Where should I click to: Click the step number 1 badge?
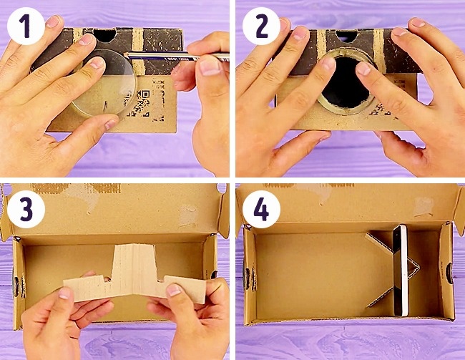[26, 26]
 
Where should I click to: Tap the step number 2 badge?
[261, 26]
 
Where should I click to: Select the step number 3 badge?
[26, 209]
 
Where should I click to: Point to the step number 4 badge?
[261, 209]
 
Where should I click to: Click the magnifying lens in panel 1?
[104, 83]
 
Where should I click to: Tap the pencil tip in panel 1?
[125, 54]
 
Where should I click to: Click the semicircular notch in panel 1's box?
[104, 35]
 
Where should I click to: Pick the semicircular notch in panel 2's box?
[347, 35]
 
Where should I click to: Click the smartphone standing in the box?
[401, 271]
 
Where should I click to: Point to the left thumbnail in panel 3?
[65, 293]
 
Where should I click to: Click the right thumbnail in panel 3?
[174, 289]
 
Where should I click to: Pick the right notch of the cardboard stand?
[162, 278]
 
